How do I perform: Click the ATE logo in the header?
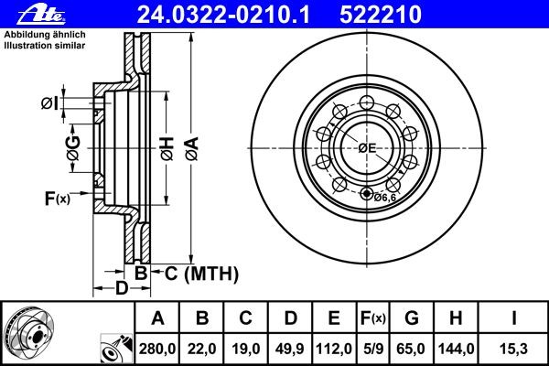[41, 15]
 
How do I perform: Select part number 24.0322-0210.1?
[223, 15]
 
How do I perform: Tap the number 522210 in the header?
[381, 15]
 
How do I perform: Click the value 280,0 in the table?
[157, 349]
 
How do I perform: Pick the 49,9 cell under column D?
[289, 349]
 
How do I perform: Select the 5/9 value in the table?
[373, 349]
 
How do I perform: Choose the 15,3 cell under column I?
[513, 349]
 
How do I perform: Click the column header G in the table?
[412, 318]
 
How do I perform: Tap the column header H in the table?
[456, 318]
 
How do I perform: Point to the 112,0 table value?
[334, 349]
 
